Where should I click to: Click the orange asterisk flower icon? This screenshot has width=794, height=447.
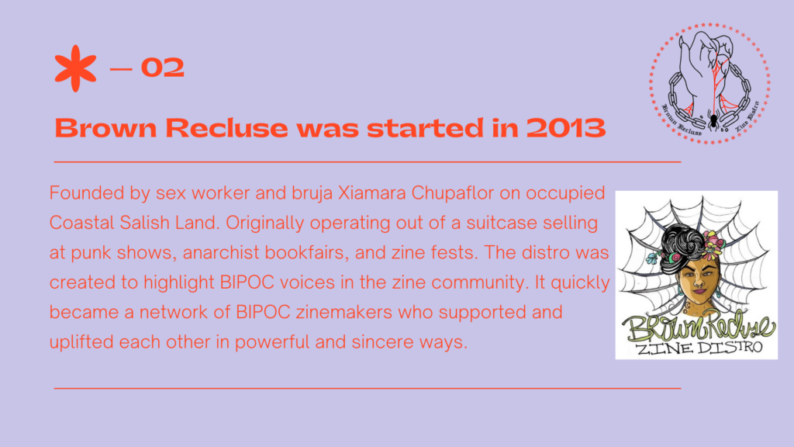coord(75,68)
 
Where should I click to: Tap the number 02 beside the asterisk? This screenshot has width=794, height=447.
coord(163,68)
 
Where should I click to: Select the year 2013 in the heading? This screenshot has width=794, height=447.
coord(565,127)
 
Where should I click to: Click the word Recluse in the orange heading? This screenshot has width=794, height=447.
coord(226,127)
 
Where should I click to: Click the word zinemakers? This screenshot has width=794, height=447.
coord(343,312)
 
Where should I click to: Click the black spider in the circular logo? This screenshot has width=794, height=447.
coord(713,120)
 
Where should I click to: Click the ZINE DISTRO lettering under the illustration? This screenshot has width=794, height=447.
coord(699,348)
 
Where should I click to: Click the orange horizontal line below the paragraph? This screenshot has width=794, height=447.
coord(367,388)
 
